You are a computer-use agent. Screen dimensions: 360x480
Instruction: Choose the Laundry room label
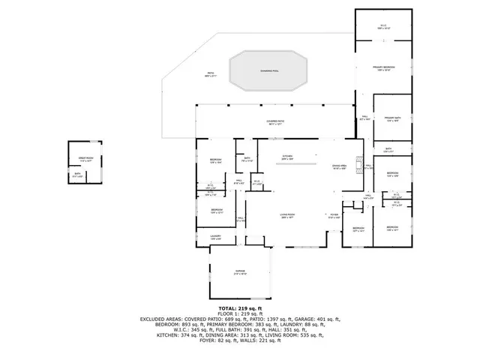coord(214,237)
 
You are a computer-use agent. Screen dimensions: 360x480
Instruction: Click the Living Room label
coord(286,215)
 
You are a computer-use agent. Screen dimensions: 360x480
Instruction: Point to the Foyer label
coord(334,215)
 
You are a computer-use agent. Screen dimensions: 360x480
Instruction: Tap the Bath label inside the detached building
coord(76,175)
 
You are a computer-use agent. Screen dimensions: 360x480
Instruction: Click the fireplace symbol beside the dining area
coord(358,164)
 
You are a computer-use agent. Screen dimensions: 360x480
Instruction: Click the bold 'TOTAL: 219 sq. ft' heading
coord(239,307)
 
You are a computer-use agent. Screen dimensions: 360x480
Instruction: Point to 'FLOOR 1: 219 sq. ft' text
coord(239,313)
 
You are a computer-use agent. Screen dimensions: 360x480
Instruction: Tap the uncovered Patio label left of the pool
coord(211,75)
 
